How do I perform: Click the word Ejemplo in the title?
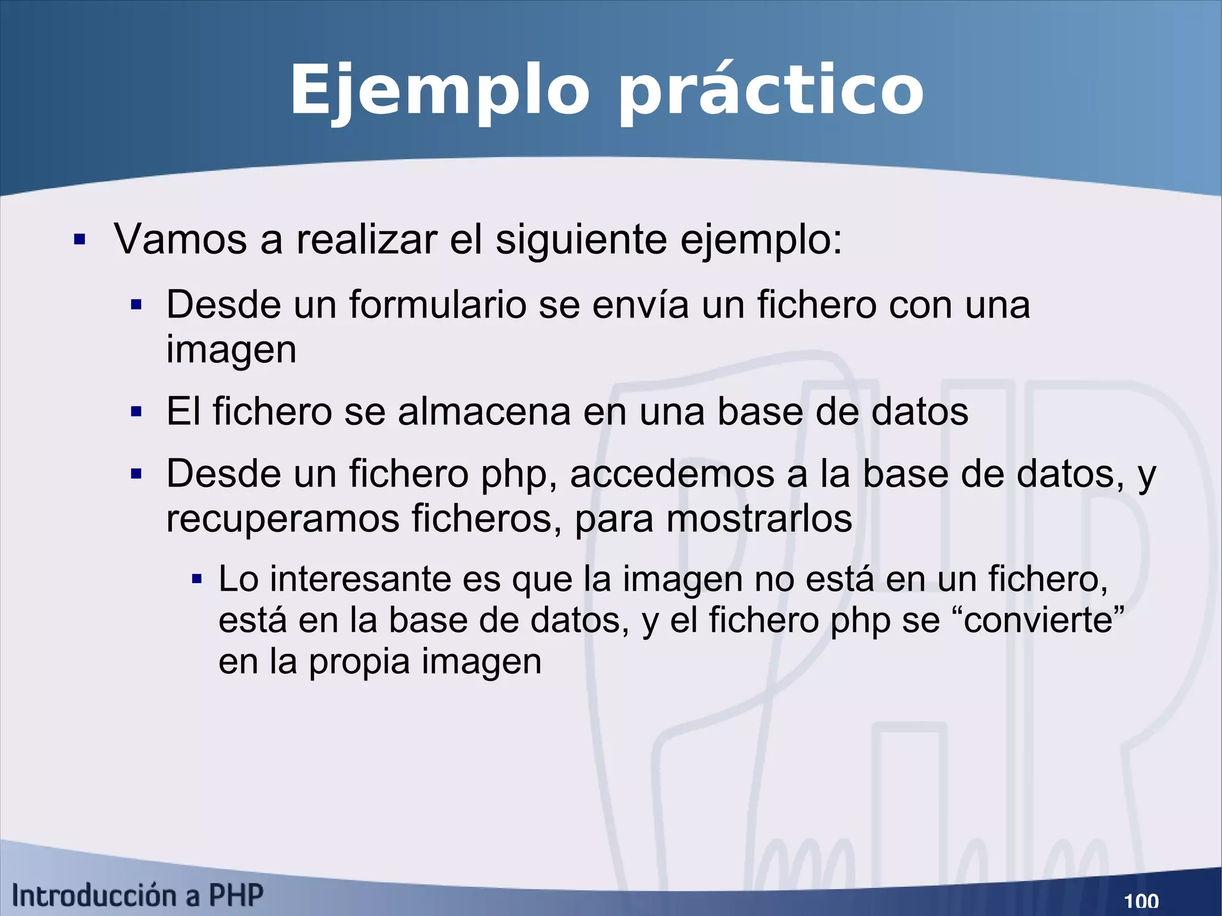(x=440, y=91)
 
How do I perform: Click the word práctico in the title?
(x=771, y=91)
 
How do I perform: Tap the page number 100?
(x=1141, y=900)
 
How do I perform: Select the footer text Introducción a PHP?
(x=138, y=896)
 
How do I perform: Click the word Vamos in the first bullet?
(x=180, y=239)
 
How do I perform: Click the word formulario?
(x=437, y=304)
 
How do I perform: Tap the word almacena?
(x=484, y=412)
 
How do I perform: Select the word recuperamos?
(x=283, y=519)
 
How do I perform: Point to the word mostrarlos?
(x=759, y=519)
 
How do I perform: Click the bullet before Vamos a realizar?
(x=79, y=240)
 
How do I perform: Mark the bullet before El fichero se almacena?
(x=137, y=412)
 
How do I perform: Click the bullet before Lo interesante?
(x=197, y=579)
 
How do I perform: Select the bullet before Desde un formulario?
(x=137, y=305)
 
